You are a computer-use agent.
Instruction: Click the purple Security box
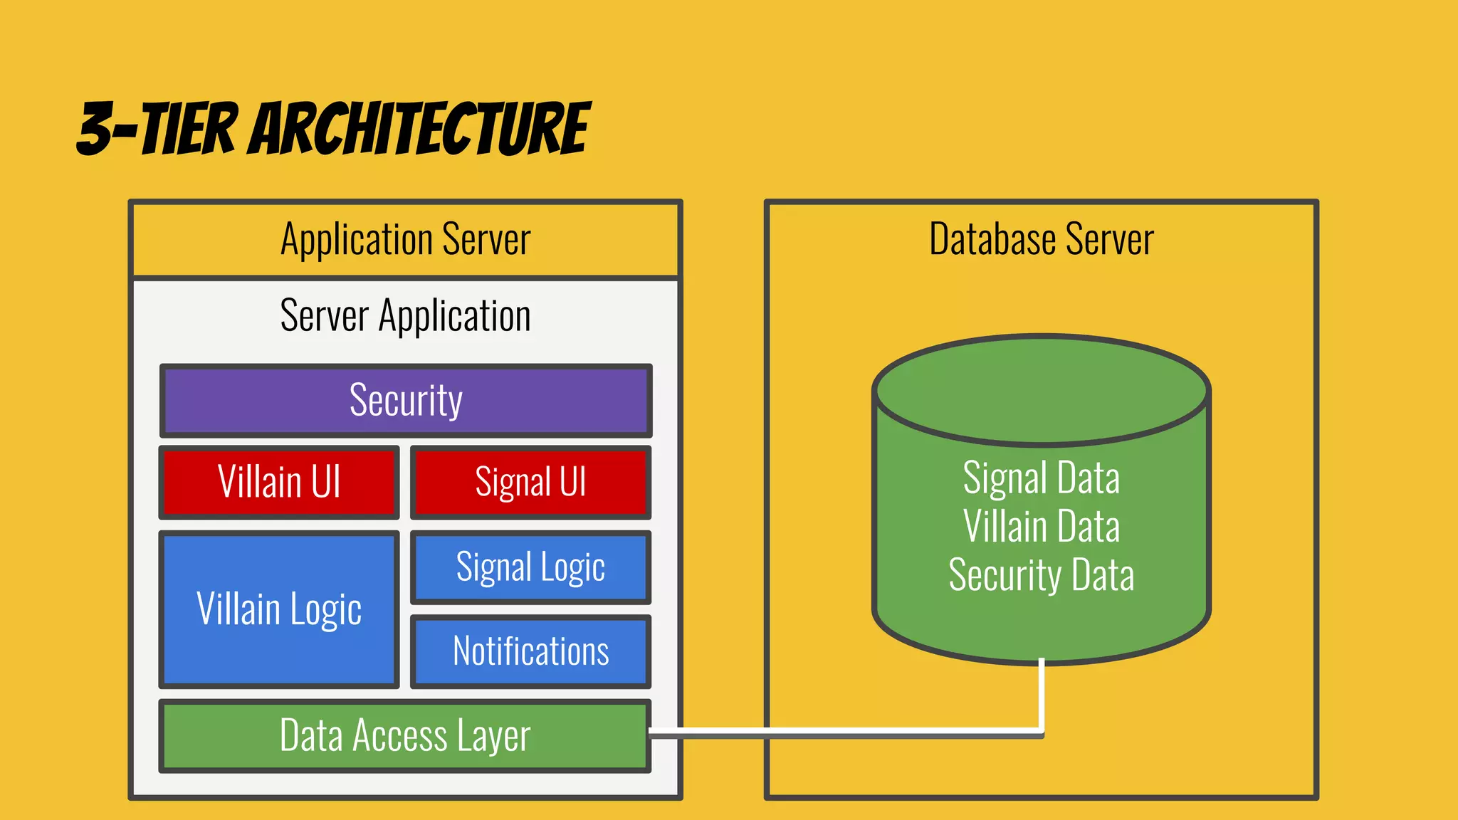click(x=406, y=401)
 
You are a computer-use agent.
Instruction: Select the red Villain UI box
click(x=279, y=483)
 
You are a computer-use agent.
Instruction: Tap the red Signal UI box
click(x=531, y=483)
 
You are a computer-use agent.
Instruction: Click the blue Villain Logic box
click(x=279, y=610)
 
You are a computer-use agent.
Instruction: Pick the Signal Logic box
click(x=531, y=567)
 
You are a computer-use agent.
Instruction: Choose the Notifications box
click(x=531, y=651)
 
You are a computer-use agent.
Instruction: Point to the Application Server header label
click(x=406, y=239)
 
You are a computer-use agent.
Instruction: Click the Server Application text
click(x=406, y=315)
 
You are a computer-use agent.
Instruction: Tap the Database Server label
click(x=1041, y=239)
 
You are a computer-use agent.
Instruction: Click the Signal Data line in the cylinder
click(x=1041, y=478)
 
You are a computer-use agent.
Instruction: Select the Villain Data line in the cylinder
click(x=1041, y=526)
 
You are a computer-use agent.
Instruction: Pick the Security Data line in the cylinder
click(x=1041, y=575)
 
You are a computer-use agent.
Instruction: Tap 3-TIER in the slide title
click(x=157, y=129)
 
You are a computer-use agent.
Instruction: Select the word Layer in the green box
click(x=493, y=736)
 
